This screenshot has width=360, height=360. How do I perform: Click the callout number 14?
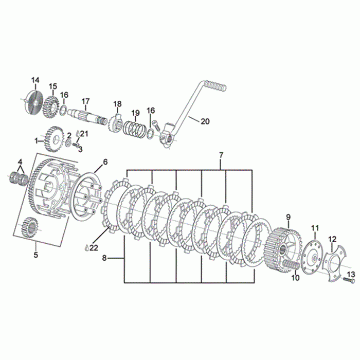tap(35, 80)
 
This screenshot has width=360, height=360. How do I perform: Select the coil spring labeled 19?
tap(134, 129)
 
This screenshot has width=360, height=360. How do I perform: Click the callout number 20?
tap(205, 121)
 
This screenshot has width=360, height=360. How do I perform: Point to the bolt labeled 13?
tap(349, 280)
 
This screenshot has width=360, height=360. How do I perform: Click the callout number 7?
tap(221, 155)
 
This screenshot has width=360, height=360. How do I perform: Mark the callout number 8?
tap(104, 258)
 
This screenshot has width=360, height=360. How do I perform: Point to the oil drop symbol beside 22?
tap(86, 248)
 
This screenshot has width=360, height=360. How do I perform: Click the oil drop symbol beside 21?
tap(78, 133)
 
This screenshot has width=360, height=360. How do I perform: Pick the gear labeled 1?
tap(54, 139)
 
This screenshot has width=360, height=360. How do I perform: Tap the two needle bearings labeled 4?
tap(20, 178)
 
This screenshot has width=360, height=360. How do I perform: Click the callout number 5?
tap(36, 255)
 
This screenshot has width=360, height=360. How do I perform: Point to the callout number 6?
tap(105, 162)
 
